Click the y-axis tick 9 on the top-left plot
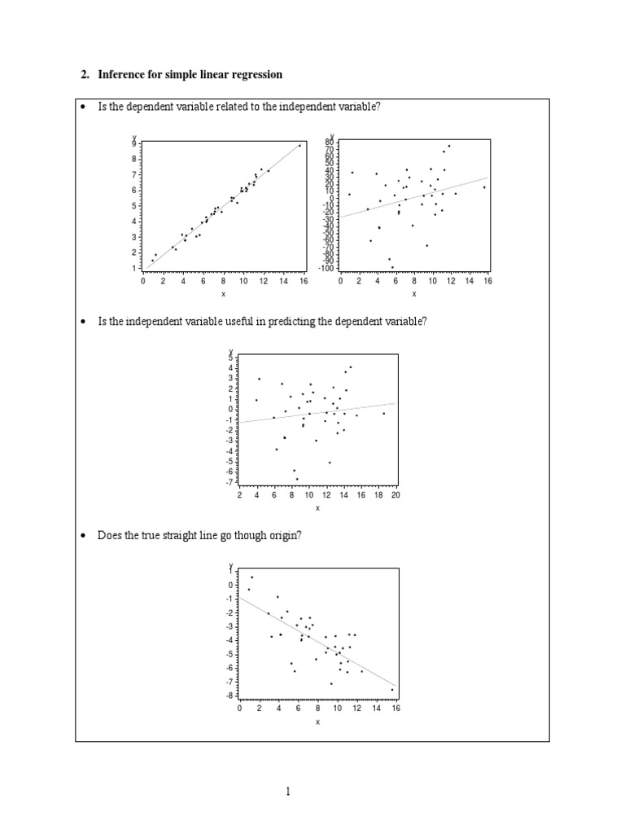pos(134,144)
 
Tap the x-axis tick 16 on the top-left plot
pos(304,281)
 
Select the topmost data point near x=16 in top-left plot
pos(299,146)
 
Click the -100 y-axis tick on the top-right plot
pos(327,268)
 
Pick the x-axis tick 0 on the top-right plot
pos(341,281)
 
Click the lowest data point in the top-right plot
pos(392,267)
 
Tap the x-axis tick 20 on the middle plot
pos(396,495)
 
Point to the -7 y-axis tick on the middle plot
pos(230,481)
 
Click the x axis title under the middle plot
pos(317,508)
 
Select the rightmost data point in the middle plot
pos(384,413)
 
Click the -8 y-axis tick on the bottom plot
pos(230,696)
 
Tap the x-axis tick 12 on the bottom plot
pos(356,709)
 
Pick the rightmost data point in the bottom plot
pos(391,690)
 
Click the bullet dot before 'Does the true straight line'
pos(83,536)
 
